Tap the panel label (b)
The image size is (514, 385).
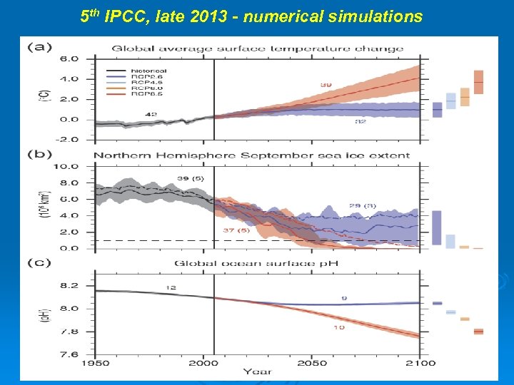pyautogui.click(x=39, y=153)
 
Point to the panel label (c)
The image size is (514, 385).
pyautogui.click(x=39, y=262)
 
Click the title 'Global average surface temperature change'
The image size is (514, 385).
pyautogui.click(x=257, y=49)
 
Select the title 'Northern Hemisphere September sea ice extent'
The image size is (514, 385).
pyautogui.click(x=251, y=155)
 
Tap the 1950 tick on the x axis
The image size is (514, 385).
pyautogui.click(x=96, y=363)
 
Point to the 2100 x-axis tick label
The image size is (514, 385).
pyautogui.click(x=420, y=363)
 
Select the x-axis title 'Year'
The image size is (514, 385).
pyautogui.click(x=257, y=371)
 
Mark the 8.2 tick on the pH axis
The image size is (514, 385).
pyautogui.click(x=70, y=285)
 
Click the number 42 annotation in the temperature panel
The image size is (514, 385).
pyautogui.click(x=151, y=114)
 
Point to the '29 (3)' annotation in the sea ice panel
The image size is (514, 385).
pyautogui.click(x=362, y=205)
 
